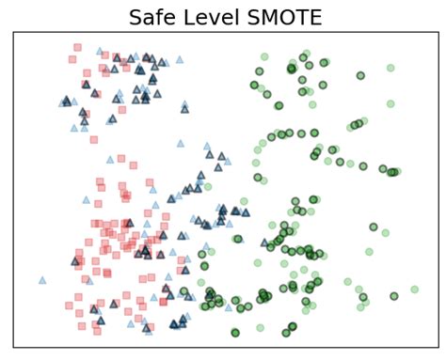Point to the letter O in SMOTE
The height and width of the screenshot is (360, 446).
281,17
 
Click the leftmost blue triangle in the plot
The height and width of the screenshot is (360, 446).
42,280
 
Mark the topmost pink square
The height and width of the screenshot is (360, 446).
77,46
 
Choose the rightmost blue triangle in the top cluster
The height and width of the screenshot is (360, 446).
179,59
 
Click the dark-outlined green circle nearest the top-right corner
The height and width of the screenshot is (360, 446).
360,75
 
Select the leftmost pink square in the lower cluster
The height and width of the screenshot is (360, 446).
69,305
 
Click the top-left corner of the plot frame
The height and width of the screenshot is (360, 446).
13,32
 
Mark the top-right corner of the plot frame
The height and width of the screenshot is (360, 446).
436,32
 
